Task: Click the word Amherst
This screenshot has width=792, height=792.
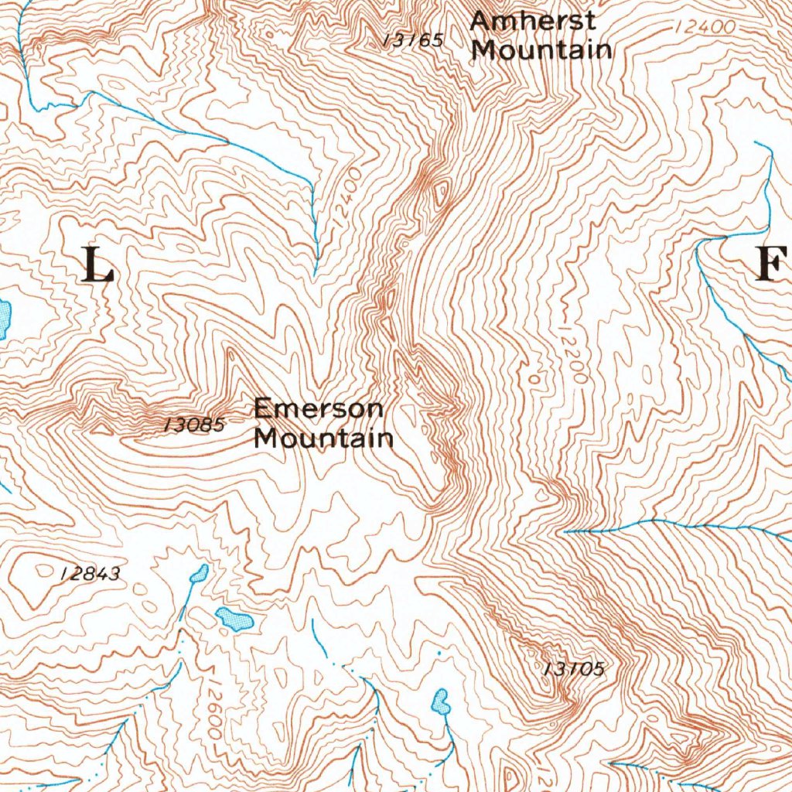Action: tap(533, 21)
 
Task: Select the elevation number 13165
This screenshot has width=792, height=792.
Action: tap(414, 40)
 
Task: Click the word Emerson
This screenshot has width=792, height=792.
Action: tap(318, 408)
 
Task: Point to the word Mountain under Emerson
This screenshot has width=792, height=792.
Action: tap(324, 439)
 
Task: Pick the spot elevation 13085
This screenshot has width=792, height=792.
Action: tap(194, 425)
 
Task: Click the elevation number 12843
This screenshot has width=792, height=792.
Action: tap(90, 574)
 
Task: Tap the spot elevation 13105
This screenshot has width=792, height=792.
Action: tap(573, 669)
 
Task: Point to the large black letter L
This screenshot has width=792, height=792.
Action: tap(97, 265)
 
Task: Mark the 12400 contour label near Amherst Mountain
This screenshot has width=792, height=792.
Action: tap(704, 27)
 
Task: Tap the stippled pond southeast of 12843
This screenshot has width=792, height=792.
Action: tap(234, 619)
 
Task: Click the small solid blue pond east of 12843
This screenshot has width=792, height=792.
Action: tap(199, 573)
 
